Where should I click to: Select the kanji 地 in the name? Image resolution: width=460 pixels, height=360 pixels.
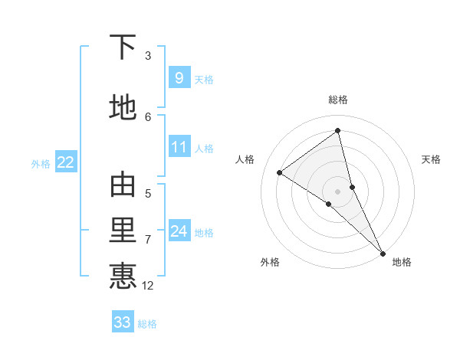[123, 107]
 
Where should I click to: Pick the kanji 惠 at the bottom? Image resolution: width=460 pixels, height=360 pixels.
[123, 276]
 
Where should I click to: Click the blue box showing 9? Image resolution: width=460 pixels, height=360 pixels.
[179, 78]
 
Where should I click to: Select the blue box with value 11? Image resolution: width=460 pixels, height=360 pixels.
[179, 147]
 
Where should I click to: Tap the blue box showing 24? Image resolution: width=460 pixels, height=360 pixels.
[179, 231]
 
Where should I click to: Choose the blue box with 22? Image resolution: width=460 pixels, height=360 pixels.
[66, 162]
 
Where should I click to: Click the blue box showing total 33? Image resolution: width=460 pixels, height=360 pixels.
[123, 322]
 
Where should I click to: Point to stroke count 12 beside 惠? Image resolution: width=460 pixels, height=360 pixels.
[149, 286]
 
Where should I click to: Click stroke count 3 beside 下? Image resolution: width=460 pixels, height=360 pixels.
[148, 56]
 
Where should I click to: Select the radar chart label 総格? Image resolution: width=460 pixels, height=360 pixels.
[338, 100]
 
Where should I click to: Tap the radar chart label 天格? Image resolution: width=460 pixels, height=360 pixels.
[431, 159]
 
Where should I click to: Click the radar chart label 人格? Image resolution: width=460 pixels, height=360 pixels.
[245, 159]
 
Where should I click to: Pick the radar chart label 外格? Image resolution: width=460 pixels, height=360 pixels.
[270, 263]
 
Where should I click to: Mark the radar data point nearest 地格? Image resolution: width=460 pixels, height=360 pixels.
[383, 252]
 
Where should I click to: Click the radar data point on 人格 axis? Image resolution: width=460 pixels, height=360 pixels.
[280, 172]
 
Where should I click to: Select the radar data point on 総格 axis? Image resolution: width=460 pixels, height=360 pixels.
[338, 131]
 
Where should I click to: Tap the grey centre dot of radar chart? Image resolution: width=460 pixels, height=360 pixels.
[338, 191]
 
